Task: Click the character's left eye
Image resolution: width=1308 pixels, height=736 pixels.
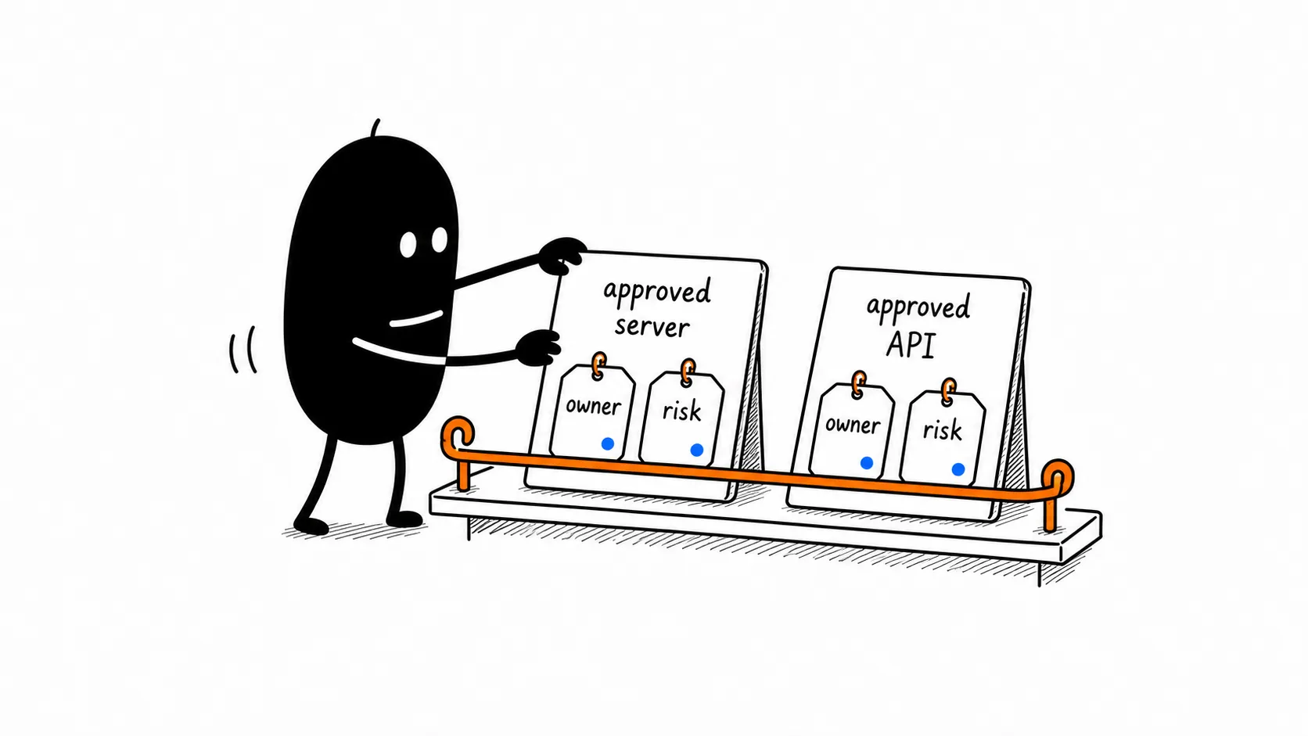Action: point(408,245)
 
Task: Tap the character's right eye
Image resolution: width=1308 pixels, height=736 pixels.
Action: point(439,239)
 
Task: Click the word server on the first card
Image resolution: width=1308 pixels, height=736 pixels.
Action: point(652,326)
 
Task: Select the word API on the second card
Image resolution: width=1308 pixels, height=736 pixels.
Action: point(911,344)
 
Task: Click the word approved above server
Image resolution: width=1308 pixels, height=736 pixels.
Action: point(657,292)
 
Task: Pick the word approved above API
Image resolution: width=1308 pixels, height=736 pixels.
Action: point(918,307)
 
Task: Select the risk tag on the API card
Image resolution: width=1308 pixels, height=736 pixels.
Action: point(942,437)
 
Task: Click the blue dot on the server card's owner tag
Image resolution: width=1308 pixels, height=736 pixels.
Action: point(607,443)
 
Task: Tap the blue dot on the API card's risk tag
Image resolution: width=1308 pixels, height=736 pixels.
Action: point(958,469)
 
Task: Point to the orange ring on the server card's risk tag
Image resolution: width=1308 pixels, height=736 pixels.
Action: point(688,372)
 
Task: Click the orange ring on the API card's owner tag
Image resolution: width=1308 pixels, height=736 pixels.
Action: point(858,383)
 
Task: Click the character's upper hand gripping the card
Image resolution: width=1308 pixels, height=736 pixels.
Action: point(561,255)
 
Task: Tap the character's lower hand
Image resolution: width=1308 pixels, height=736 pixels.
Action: point(538,347)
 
